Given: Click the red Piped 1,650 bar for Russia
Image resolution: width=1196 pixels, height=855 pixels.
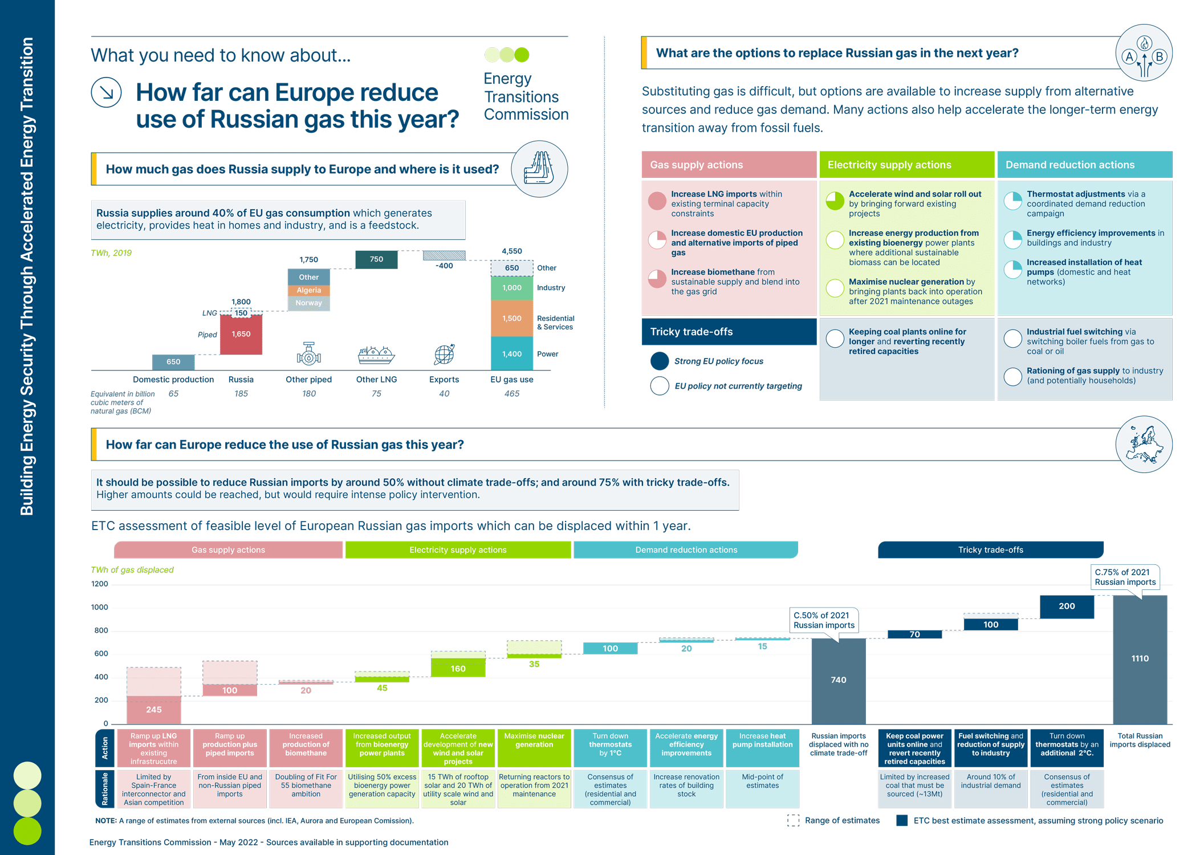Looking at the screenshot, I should click(241, 334).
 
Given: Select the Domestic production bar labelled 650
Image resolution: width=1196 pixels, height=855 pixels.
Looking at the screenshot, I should click(173, 362).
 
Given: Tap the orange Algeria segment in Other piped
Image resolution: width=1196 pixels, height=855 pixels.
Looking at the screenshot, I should click(308, 290).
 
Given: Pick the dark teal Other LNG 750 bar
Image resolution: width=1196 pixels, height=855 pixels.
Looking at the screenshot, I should click(376, 259).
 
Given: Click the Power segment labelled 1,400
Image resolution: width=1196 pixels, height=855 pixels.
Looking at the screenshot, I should click(512, 354).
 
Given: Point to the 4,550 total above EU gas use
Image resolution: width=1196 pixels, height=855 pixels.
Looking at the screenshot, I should click(512, 251).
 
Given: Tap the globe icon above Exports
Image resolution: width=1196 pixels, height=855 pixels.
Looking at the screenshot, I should click(444, 354).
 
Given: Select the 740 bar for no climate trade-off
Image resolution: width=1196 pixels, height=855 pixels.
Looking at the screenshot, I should click(839, 681).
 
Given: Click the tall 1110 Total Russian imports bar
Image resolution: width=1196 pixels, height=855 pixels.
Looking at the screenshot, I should click(1140, 659).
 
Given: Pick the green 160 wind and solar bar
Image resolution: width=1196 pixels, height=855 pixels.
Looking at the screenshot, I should click(458, 667).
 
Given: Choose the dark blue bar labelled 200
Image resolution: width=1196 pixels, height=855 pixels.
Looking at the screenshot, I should click(1067, 606).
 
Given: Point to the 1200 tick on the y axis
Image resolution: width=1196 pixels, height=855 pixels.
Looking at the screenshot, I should click(100, 584).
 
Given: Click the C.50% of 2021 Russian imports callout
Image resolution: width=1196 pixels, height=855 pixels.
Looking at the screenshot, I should click(824, 620).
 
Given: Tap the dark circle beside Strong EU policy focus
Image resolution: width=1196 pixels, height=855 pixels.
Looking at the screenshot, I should click(660, 361).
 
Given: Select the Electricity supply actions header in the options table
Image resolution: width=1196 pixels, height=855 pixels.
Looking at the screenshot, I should click(906, 165).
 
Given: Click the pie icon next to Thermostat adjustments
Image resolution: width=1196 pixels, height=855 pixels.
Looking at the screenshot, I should click(1013, 201).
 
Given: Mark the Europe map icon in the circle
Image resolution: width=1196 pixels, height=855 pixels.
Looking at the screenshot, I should click(1144, 445).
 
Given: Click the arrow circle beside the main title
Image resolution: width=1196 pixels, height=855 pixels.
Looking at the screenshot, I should click(107, 92).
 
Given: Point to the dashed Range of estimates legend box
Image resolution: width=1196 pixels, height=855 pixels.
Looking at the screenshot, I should click(793, 820).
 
